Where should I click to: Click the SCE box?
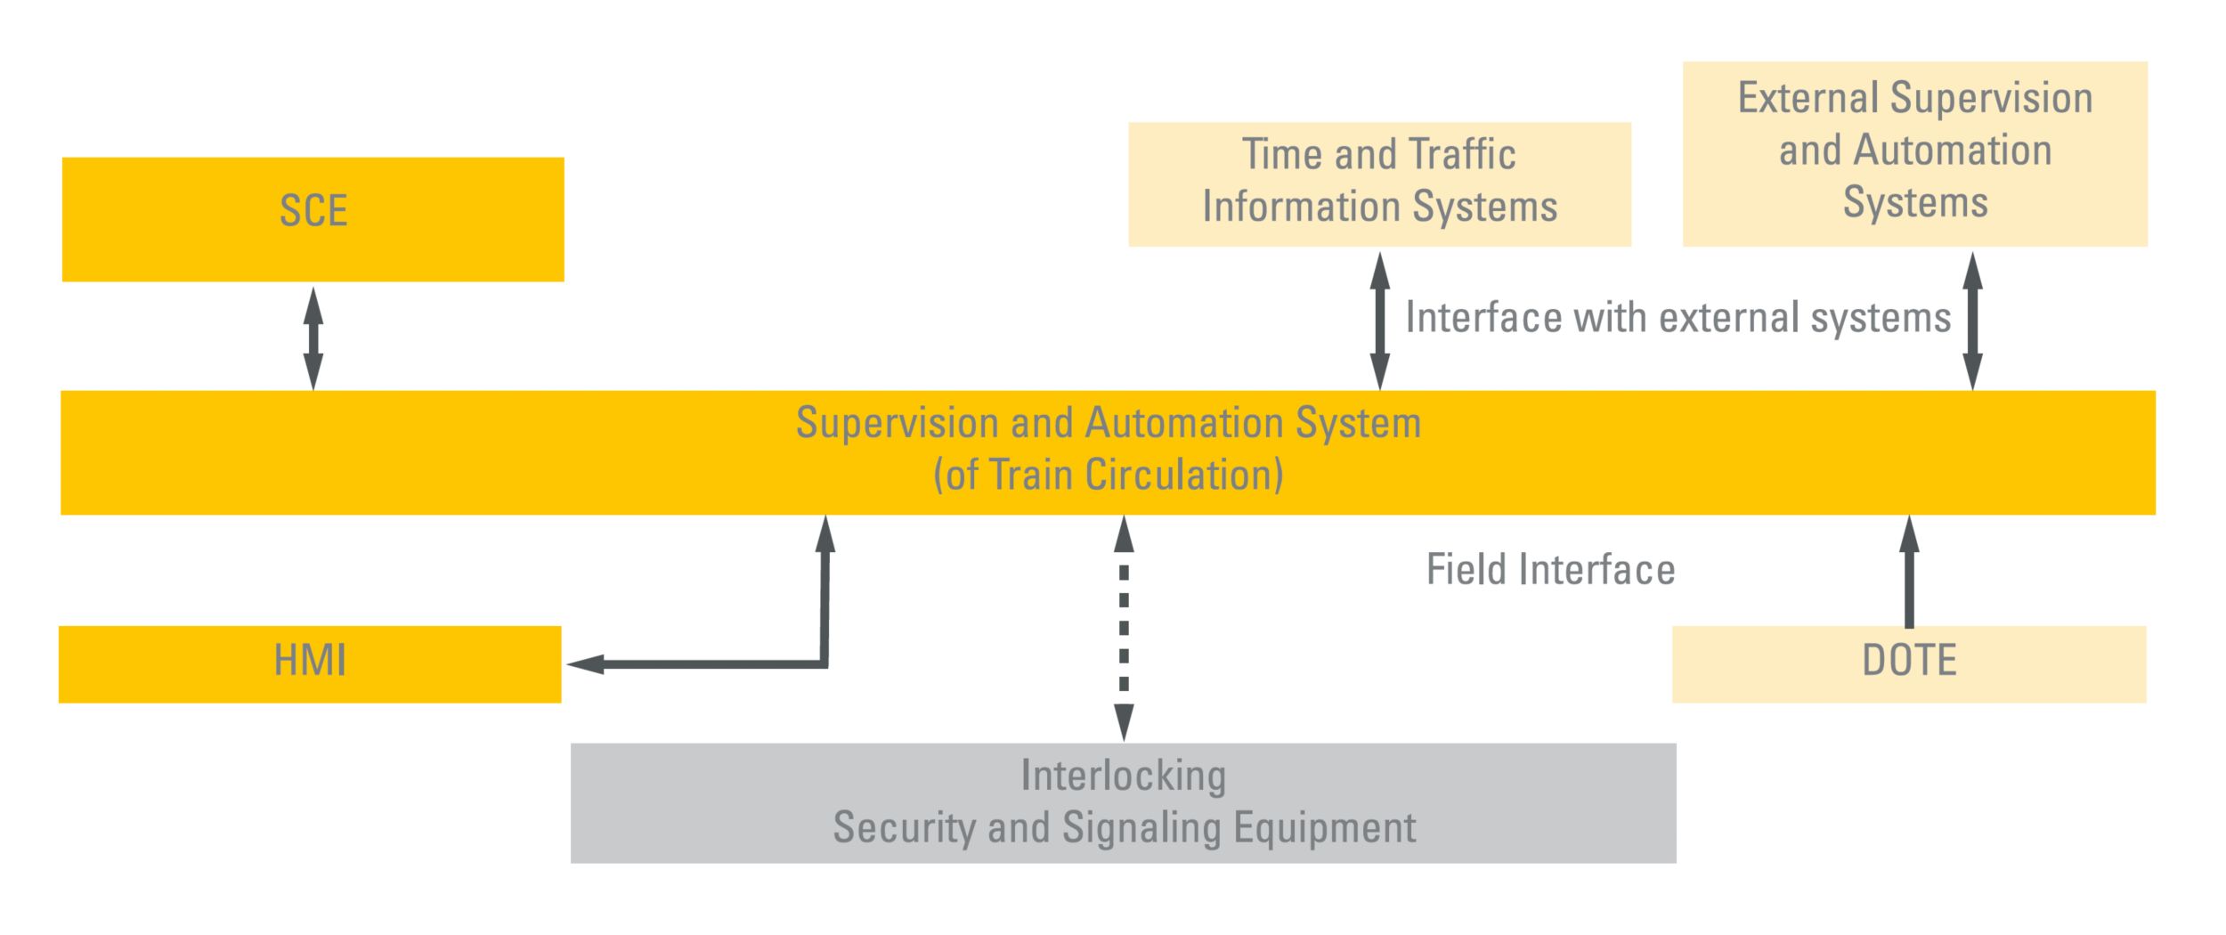click(313, 219)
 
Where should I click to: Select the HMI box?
click(310, 664)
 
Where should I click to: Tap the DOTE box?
click(1909, 664)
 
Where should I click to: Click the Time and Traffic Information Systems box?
click(1379, 183)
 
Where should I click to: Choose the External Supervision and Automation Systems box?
click(1914, 153)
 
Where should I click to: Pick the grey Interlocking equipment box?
click(1123, 802)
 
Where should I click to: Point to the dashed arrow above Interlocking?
click(1124, 628)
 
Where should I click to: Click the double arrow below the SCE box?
click(313, 337)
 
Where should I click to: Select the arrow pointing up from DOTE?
click(1909, 573)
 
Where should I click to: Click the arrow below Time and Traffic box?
click(1379, 321)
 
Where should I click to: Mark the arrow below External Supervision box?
click(1972, 321)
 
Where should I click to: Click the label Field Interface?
click(1550, 570)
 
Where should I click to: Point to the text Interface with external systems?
click(1678, 318)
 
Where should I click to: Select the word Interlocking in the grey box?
click(1123, 776)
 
